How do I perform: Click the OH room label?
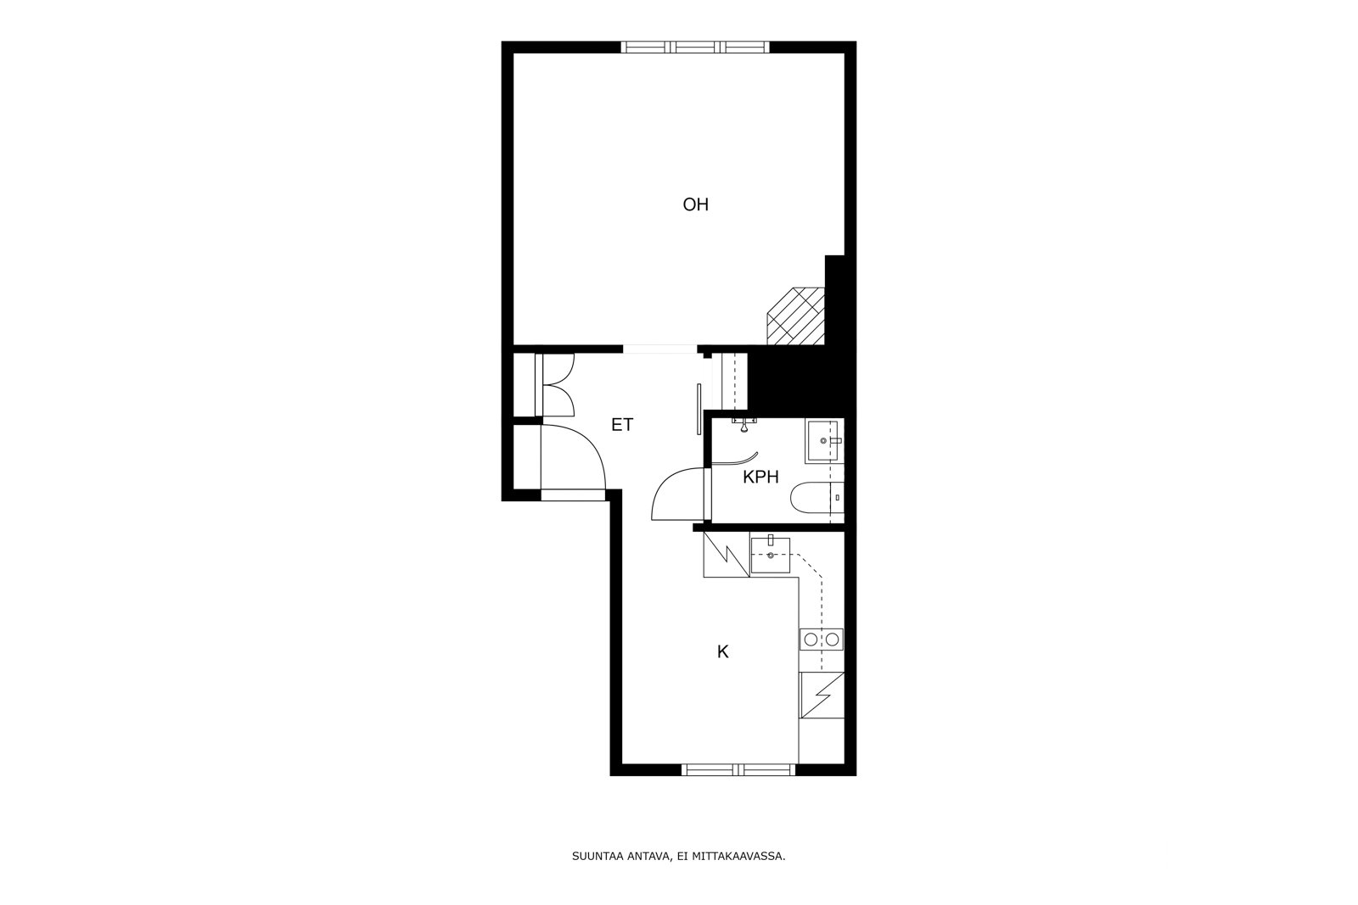pyautogui.click(x=695, y=204)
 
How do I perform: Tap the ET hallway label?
pyautogui.click(x=622, y=425)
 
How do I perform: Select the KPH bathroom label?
pyautogui.click(x=760, y=478)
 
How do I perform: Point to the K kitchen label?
pyautogui.click(x=723, y=651)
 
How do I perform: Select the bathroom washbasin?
pyautogui.click(x=824, y=441)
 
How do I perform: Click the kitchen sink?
pyautogui.click(x=771, y=556)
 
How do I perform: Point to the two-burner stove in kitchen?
pyautogui.click(x=822, y=640)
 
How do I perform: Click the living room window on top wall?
pyautogui.click(x=696, y=47)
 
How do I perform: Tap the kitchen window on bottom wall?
pyautogui.click(x=739, y=770)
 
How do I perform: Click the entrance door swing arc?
pyautogui.click(x=577, y=458)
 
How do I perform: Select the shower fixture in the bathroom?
pyautogui.click(x=744, y=425)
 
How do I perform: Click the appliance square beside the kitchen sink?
pyautogui.click(x=726, y=556)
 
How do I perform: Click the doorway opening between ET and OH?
pyautogui.click(x=660, y=349)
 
